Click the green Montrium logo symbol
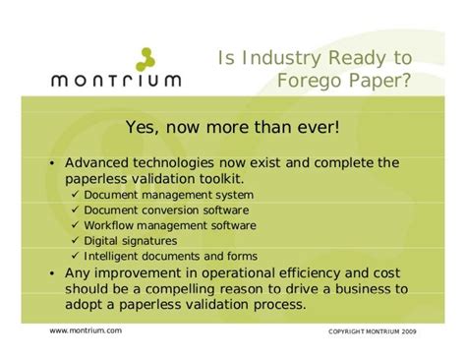[146, 59]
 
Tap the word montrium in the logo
[116, 81]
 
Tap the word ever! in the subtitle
[319, 127]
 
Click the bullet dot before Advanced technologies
[52, 163]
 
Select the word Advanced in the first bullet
[96, 162]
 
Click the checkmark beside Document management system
[76, 194]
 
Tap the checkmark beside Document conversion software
[76, 210]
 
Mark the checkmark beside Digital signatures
[76, 240]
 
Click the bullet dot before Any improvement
[52, 273]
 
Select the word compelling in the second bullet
[181, 289]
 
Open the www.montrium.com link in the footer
[86, 330]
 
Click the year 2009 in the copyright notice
[409, 331]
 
